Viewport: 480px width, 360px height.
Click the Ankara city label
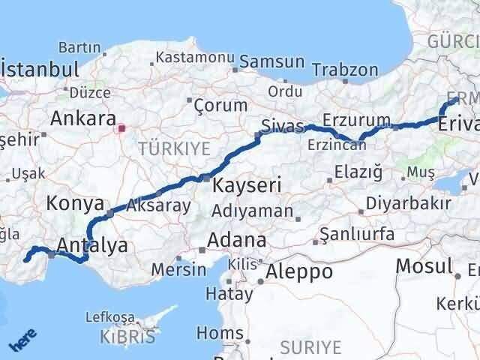coord(82,118)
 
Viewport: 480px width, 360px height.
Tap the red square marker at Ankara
coord(121,127)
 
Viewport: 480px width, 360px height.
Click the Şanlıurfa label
coord(357,234)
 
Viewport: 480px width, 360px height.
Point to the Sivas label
coord(282,124)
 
